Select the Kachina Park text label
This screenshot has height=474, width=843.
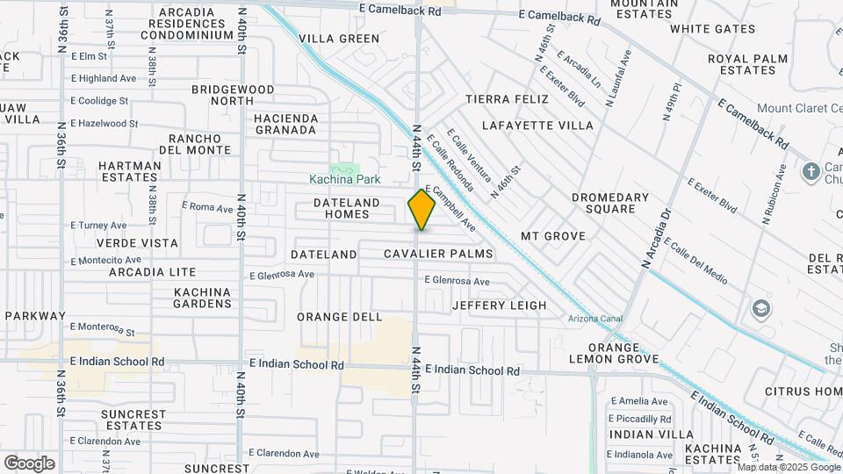[345, 180]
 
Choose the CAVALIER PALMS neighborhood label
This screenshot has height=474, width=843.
[438, 255]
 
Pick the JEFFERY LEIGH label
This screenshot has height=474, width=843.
[499, 305]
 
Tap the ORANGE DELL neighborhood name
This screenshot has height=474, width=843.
[339, 317]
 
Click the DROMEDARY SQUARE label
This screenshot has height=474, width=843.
[610, 203]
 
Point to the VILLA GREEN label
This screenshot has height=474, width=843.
[339, 39]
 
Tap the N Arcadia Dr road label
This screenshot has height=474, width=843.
[656, 238]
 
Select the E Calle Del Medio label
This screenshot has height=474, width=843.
[696, 262]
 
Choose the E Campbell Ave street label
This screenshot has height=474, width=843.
[451, 208]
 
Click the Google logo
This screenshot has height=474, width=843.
[29, 463]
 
